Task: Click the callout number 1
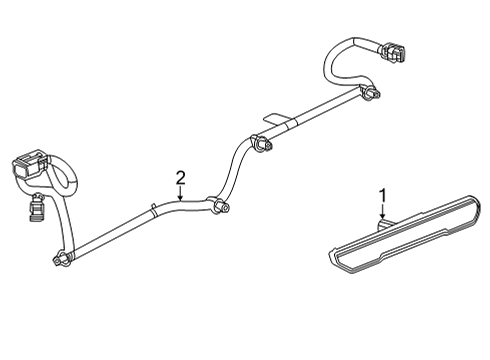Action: point(381,194)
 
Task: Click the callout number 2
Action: point(180,178)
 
